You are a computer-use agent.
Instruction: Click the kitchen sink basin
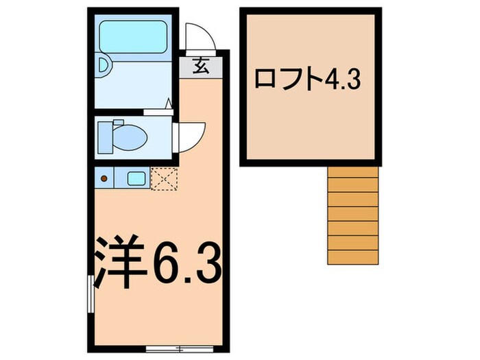click(x=136, y=178)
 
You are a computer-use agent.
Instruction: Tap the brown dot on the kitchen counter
click(x=105, y=178)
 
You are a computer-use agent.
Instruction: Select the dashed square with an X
click(x=165, y=178)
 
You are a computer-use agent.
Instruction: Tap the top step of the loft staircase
click(x=352, y=173)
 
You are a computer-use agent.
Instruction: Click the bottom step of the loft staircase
click(x=352, y=256)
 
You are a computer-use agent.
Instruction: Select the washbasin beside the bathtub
click(x=104, y=66)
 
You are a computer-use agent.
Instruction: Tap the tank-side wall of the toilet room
click(x=91, y=135)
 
